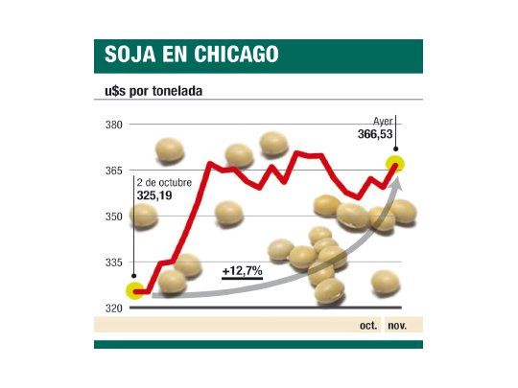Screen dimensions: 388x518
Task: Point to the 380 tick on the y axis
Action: [114, 125]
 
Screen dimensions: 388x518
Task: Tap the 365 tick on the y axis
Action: [114, 171]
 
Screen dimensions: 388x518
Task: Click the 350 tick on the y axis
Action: [114, 217]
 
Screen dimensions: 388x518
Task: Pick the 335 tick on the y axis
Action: [114, 262]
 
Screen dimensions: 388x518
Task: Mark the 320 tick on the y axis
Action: [114, 308]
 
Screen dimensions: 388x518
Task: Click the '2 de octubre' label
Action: [164, 182]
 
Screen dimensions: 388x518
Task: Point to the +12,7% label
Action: [243, 272]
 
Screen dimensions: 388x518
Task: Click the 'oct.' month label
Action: [367, 326]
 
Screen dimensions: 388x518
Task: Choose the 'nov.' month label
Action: [397, 326]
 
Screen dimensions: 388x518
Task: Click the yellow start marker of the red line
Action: [135, 290]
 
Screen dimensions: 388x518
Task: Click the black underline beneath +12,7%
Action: [243, 282]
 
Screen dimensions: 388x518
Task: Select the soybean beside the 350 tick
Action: [144, 215]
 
